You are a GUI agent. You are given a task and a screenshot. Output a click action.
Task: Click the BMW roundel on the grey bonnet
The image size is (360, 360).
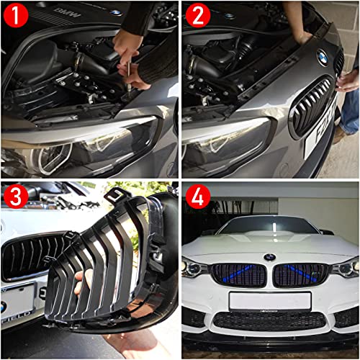tap(322, 57)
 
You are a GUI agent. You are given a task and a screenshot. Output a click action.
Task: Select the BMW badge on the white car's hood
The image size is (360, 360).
tap(269, 256)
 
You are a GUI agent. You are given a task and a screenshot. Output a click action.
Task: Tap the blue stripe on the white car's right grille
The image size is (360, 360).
tap(302, 272)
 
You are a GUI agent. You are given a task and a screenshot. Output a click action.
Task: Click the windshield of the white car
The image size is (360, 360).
tap(270, 228)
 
